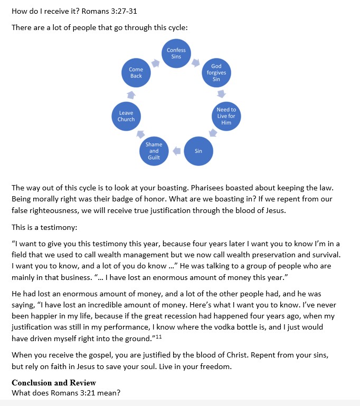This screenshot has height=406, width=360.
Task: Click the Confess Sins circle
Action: [x=176, y=53]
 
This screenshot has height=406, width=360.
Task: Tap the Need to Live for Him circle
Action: [x=226, y=116]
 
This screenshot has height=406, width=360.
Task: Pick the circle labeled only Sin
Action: [x=198, y=151]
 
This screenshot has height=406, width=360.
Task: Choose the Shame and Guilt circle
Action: [x=154, y=151]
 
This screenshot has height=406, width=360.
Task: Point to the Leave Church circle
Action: [x=126, y=116]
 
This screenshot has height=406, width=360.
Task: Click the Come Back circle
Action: [x=136, y=73]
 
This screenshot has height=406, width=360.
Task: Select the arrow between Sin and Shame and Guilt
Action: [x=176, y=151]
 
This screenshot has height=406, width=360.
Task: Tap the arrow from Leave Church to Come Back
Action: [x=131, y=95]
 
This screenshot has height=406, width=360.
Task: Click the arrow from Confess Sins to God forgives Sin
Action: [x=196, y=63]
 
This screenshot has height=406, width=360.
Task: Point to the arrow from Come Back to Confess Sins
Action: [x=155, y=63]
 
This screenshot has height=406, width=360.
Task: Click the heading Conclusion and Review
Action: [x=54, y=382]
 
